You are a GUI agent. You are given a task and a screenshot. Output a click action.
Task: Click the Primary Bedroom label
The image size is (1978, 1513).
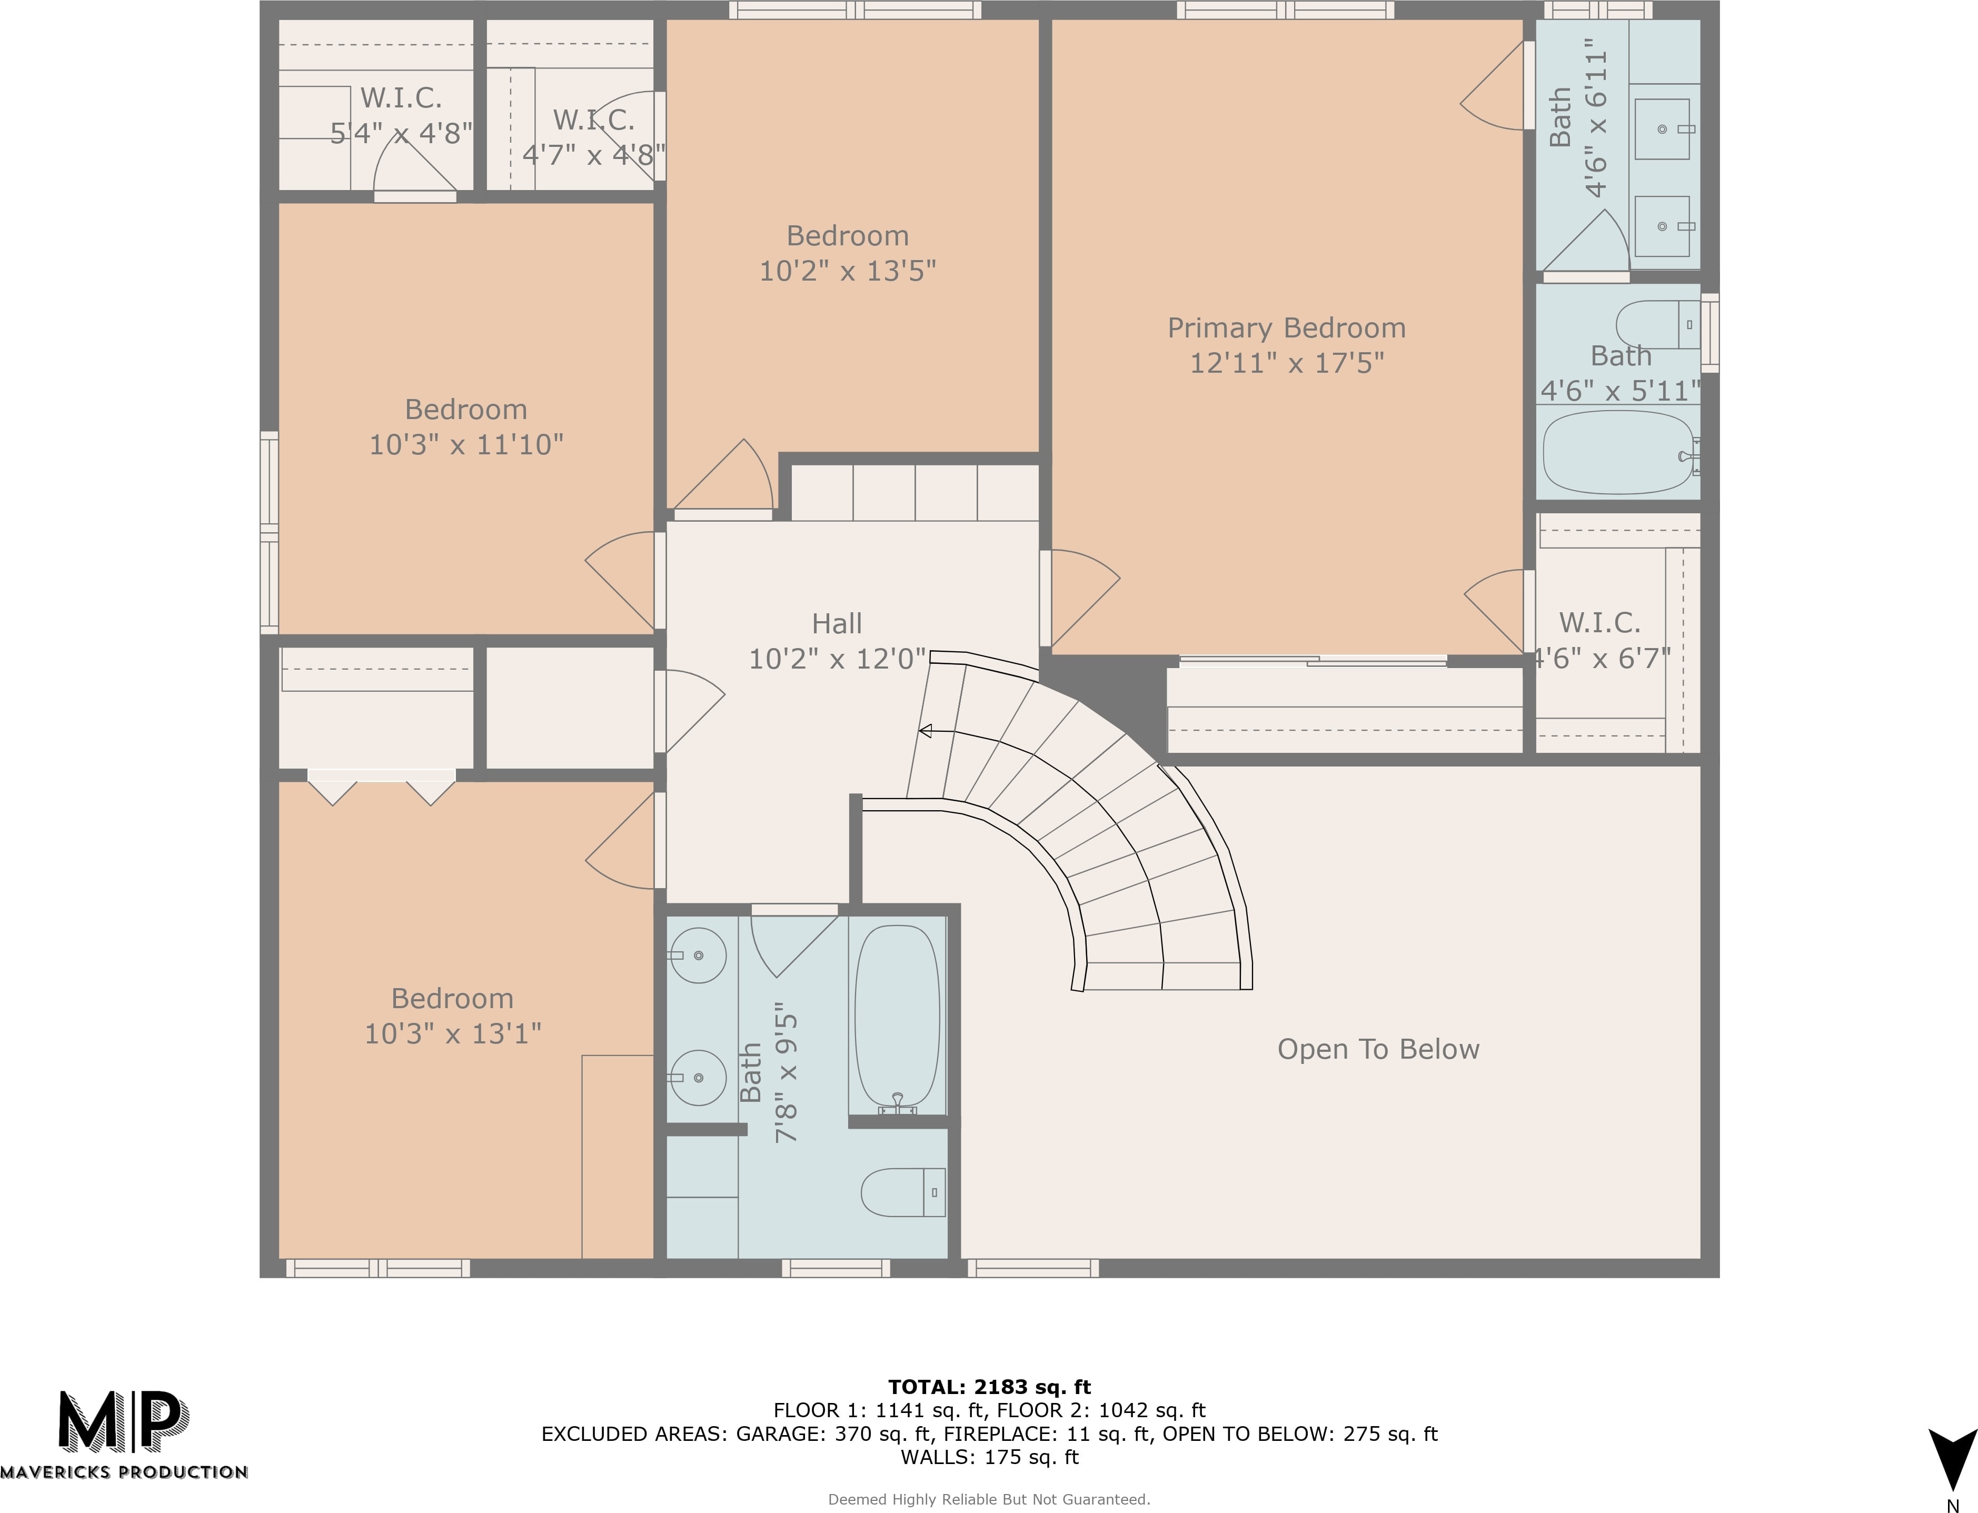(x=1286, y=328)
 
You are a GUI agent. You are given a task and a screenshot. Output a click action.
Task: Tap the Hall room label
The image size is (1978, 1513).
(x=837, y=623)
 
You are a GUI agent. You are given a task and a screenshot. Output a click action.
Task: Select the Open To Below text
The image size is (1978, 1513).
(x=1378, y=1049)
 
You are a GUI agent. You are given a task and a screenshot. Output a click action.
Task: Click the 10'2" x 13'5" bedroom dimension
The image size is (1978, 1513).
(x=848, y=270)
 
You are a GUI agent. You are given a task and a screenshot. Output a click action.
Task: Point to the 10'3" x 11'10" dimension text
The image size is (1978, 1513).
(x=466, y=444)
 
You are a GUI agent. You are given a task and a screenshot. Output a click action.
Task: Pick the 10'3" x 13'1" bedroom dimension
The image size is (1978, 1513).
(x=452, y=1033)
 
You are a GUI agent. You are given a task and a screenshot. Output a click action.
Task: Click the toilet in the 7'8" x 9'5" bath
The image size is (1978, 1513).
(x=902, y=1191)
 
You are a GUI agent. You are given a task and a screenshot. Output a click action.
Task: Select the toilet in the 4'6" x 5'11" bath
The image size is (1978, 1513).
(x=1657, y=324)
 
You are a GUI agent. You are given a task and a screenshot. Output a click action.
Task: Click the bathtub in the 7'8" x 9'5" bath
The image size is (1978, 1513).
(x=897, y=1018)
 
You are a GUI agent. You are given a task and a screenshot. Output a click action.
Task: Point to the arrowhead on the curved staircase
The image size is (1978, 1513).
(x=924, y=731)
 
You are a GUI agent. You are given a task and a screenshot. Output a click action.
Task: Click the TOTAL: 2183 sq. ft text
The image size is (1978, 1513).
(x=989, y=1387)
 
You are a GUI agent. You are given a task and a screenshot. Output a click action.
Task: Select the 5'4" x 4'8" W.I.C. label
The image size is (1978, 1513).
(x=401, y=115)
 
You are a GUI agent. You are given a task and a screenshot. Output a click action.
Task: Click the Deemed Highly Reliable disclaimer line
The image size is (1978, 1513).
(x=989, y=1499)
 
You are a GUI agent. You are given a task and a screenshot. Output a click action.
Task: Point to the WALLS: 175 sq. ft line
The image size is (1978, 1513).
(x=989, y=1457)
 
